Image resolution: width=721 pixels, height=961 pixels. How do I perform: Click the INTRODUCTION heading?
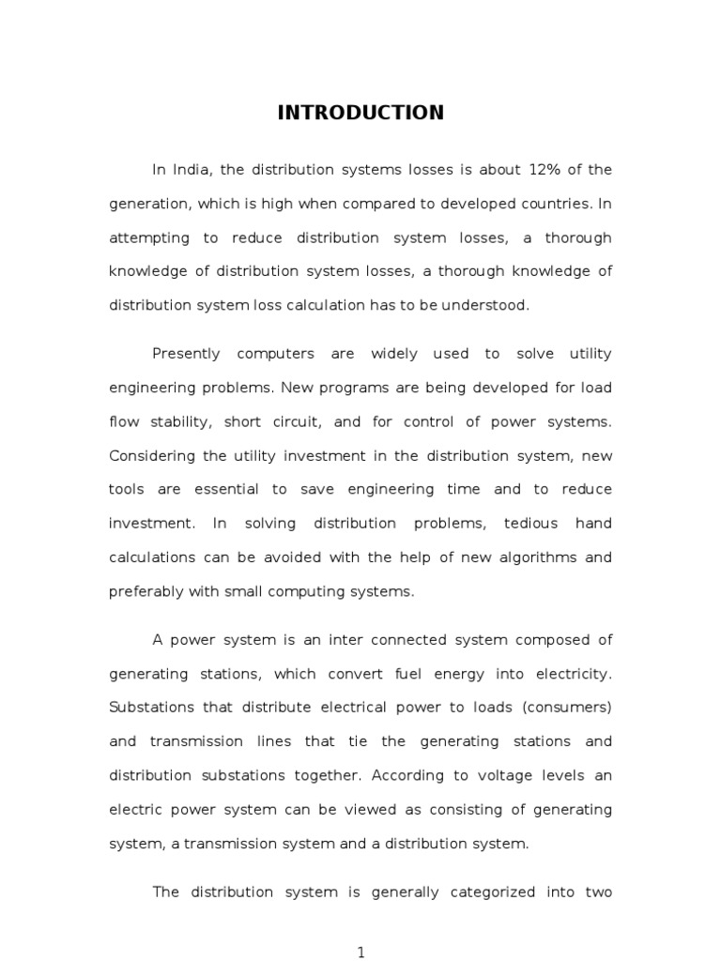(x=360, y=114)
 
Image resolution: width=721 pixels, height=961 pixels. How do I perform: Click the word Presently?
(x=186, y=354)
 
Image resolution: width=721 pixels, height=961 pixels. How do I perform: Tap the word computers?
(x=276, y=354)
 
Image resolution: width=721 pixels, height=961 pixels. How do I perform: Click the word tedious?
(x=530, y=523)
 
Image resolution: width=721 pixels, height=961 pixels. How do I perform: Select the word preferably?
(x=148, y=590)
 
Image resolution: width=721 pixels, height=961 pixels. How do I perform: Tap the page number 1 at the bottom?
(x=360, y=953)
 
